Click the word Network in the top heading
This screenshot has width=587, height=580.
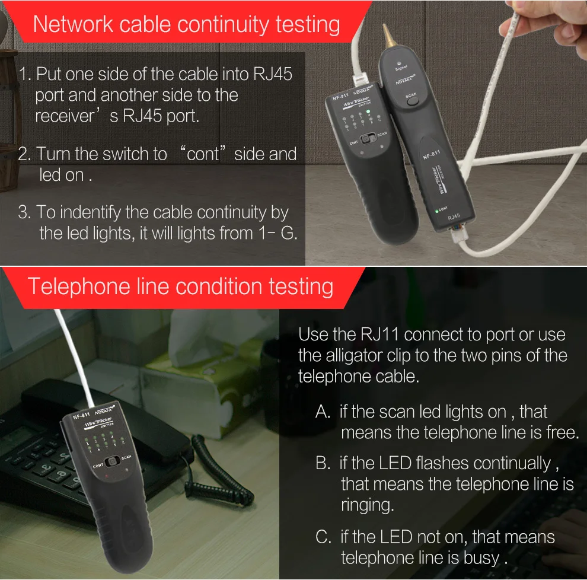click(73, 24)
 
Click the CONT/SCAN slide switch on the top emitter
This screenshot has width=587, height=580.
click(369, 139)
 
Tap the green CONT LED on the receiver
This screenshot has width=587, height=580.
click(436, 212)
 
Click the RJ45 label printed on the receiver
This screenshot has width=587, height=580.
click(454, 216)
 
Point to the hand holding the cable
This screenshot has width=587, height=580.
click(554, 26)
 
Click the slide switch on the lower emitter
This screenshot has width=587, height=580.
click(111, 461)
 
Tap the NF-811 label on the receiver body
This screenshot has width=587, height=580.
click(431, 154)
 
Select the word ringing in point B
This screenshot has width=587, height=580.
click(367, 505)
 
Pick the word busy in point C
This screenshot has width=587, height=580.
click(481, 558)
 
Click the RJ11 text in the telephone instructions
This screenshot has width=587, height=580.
click(379, 334)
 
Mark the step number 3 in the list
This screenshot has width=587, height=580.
click(23, 212)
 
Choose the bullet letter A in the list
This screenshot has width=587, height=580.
click(323, 412)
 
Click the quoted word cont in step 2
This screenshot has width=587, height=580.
click(203, 154)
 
